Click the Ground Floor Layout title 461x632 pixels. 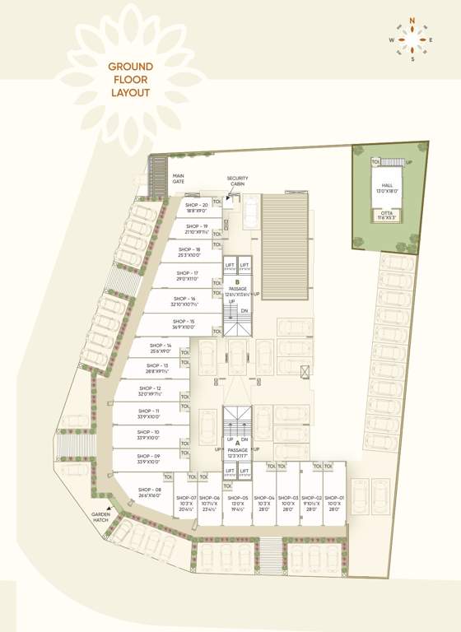(x=131, y=81)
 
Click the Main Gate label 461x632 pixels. (x=179, y=179)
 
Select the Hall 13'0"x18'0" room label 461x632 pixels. (x=387, y=188)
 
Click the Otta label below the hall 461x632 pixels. (x=387, y=216)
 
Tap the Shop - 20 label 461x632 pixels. (x=196, y=207)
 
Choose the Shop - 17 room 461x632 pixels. (x=188, y=277)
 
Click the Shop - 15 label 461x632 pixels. (x=184, y=323)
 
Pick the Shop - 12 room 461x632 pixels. (x=150, y=391)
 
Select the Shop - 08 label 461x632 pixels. (x=150, y=492)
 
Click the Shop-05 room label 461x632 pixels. (x=238, y=504)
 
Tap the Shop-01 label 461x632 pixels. (x=333, y=504)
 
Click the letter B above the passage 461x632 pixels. (x=237, y=282)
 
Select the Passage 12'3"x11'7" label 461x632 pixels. (x=237, y=453)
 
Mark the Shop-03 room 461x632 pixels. (x=288, y=504)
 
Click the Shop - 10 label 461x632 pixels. (x=150, y=434)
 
